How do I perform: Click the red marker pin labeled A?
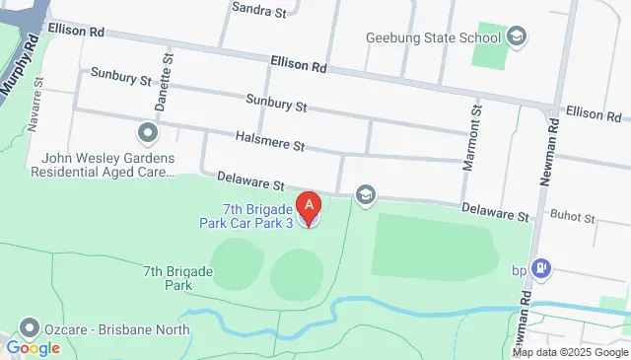coord(310,207)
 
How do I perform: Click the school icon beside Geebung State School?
coord(516,37)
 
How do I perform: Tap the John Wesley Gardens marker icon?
coord(147,131)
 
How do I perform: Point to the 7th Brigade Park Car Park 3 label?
coord(257,216)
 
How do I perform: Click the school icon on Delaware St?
coord(366,195)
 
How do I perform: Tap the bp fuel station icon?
coord(540,267)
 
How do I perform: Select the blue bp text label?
coord(519,269)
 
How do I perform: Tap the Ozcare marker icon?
coord(30,327)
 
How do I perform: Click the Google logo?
coord(34,347)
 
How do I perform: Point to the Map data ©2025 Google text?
coord(570,352)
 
